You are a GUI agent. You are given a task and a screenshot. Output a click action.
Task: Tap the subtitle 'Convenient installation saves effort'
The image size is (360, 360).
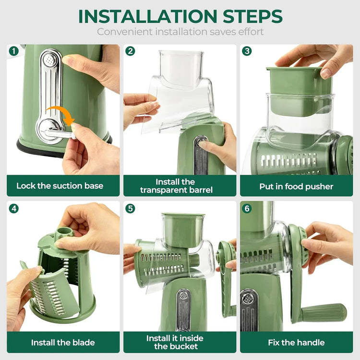[x=180, y=32]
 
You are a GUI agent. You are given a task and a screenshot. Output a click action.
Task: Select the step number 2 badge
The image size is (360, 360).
[x=130, y=51]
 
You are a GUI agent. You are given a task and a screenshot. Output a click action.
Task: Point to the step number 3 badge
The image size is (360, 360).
[x=247, y=51]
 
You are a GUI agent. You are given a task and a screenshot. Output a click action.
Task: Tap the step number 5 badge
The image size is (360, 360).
[x=130, y=209]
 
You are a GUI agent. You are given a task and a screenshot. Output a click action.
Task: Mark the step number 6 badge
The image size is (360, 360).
[x=247, y=209]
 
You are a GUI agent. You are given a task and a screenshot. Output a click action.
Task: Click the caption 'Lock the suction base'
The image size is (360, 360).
[x=60, y=186]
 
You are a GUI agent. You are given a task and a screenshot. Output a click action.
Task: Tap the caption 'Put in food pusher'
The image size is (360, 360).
[x=296, y=186]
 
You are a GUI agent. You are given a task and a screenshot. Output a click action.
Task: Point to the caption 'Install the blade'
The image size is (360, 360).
[x=63, y=342]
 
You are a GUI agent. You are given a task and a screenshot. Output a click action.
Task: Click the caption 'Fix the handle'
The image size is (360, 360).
[x=297, y=342]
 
